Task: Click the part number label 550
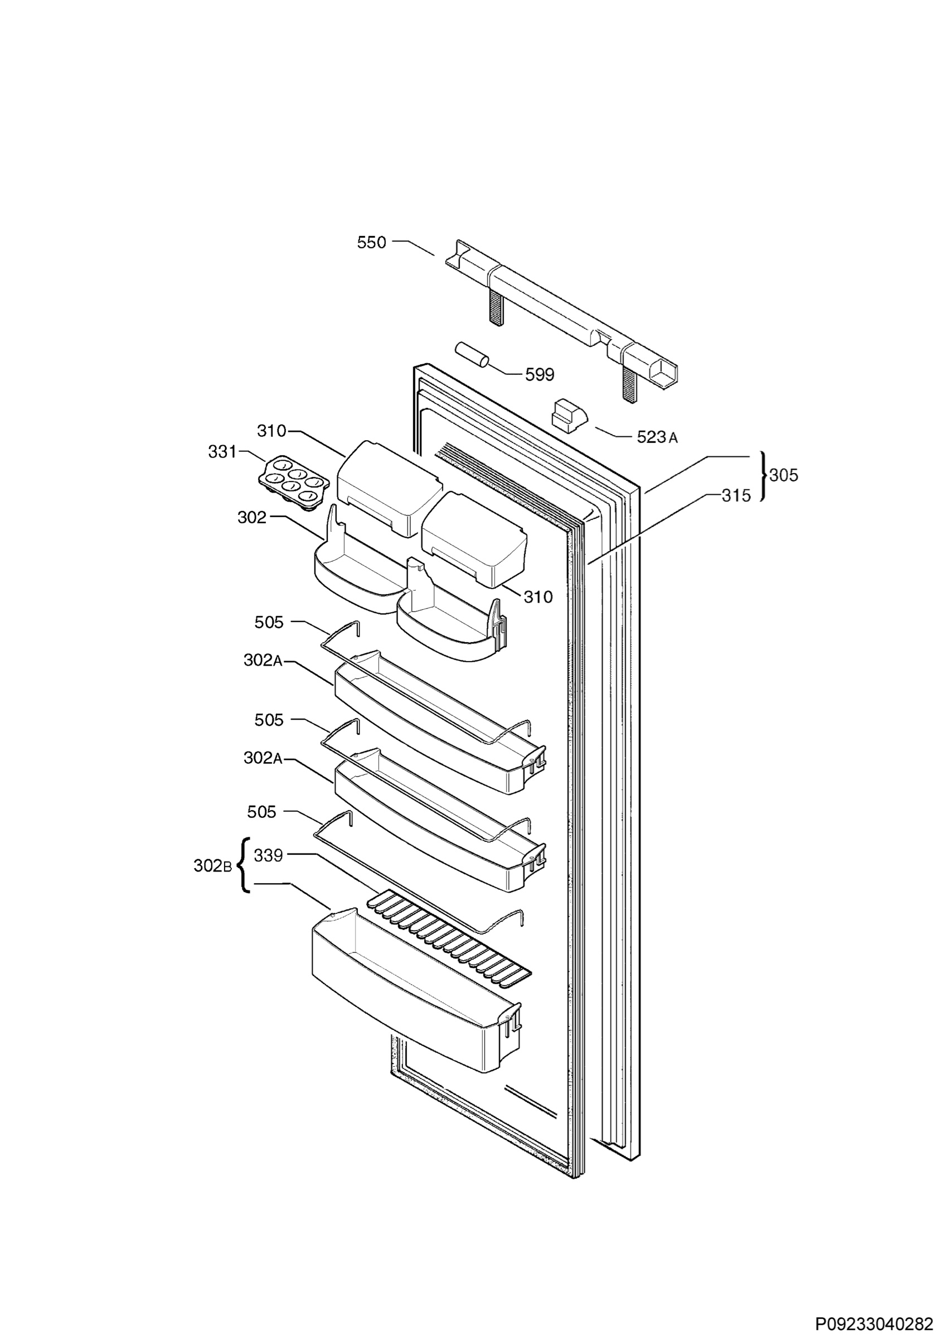click(x=371, y=243)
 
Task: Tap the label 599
click(x=539, y=374)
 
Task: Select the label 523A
click(x=657, y=437)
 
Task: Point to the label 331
click(x=222, y=451)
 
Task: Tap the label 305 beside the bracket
click(x=783, y=475)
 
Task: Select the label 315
click(x=736, y=496)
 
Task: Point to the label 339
click(x=269, y=855)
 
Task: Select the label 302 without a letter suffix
click(x=252, y=517)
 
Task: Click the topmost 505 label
click(x=269, y=622)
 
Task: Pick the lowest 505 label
click(x=261, y=812)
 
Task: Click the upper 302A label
click(x=263, y=660)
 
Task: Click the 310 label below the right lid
click(x=538, y=596)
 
